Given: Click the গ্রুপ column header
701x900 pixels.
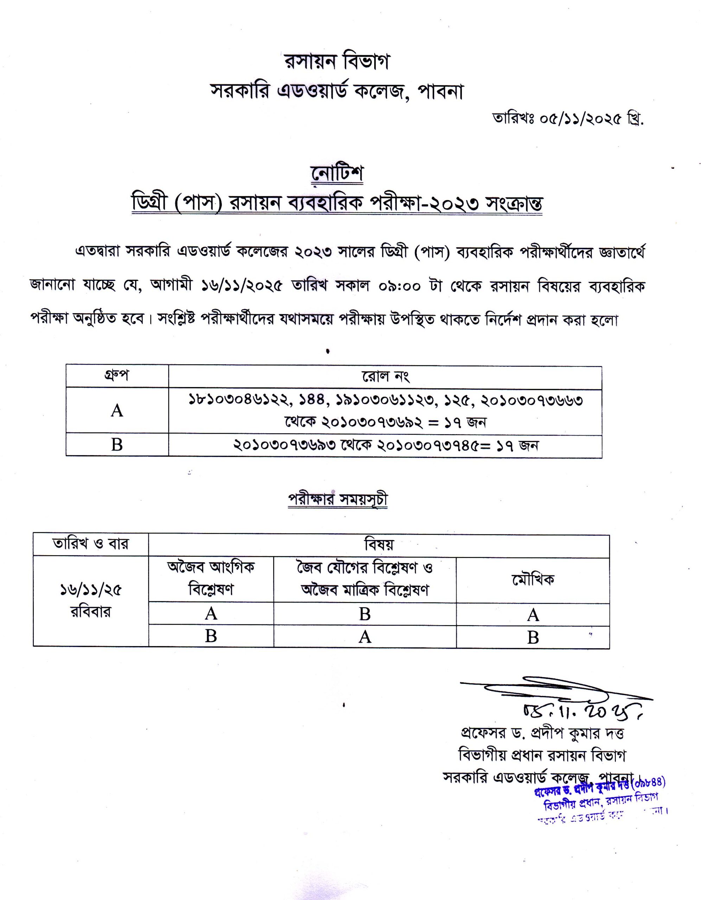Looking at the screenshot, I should click(117, 376).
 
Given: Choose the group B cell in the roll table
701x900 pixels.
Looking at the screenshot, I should click(117, 445).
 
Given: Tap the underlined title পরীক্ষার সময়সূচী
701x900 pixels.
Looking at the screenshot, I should click(338, 500).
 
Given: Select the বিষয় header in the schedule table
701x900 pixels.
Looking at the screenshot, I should click(378, 545).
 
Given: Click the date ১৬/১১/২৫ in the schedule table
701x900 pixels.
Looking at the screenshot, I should click(91, 591).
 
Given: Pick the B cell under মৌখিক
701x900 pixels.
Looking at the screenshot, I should click(533, 637).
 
